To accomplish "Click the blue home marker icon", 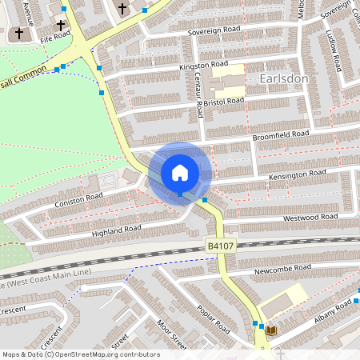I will coord(180,172).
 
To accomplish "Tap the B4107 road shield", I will coord(220,246).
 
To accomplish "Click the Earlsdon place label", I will coord(284,79).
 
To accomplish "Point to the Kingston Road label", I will coord(204,64).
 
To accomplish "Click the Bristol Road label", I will coord(223,102).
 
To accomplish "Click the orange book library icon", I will coord(272,330).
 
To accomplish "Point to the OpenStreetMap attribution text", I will coord(81,354).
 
